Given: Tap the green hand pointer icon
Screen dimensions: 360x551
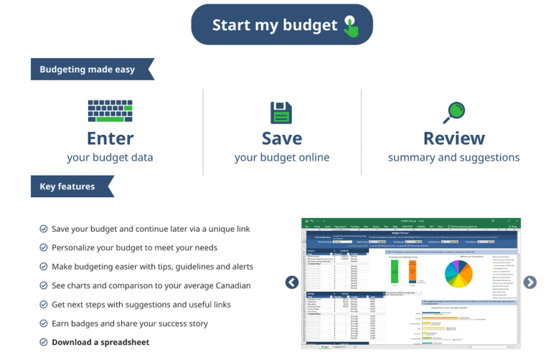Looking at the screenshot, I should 351,26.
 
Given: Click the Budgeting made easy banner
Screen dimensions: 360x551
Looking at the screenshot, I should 87,70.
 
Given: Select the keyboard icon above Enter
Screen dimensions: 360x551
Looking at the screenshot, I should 110,111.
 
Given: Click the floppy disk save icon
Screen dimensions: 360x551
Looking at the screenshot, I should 281,113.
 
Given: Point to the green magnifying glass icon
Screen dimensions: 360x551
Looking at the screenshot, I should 454,112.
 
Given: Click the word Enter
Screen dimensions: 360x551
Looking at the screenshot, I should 110,138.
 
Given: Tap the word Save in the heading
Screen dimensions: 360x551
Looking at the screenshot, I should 281,138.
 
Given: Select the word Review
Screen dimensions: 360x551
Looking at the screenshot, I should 453,138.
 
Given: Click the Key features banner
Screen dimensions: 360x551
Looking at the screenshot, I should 67,186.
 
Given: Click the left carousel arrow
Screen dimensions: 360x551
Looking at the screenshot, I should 292,283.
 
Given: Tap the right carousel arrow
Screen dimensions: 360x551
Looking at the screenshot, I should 529,283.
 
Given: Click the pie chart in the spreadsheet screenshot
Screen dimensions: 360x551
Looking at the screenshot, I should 459,273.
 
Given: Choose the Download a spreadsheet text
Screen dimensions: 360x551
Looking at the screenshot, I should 100,342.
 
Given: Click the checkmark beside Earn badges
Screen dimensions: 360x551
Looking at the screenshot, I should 44,323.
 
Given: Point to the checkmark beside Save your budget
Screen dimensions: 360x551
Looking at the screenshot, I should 44,229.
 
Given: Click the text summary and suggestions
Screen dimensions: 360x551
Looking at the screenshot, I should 453,157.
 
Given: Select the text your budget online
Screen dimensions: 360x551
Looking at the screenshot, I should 281,157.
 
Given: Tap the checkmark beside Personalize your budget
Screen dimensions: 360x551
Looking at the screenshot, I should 44,247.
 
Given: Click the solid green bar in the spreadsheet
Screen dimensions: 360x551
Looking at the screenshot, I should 394,272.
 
